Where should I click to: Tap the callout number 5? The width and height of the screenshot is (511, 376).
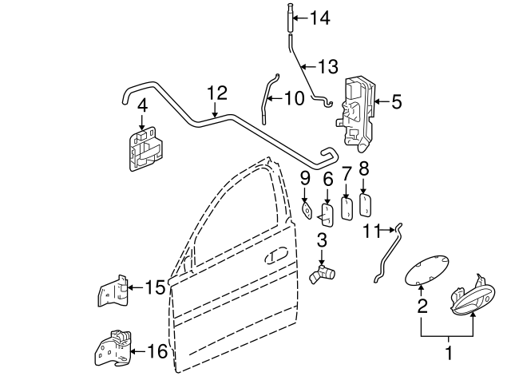click(x=397, y=101)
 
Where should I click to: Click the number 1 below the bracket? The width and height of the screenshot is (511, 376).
click(x=448, y=352)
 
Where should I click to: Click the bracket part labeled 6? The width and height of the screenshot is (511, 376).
click(x=327, y=214)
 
